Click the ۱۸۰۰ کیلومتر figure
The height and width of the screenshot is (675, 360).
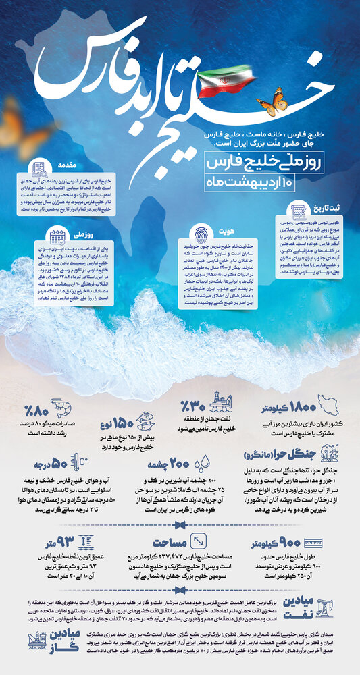pyautogui.click(x=286, y=409)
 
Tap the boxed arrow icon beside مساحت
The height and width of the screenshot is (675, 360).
pyautogui.click(x=201, y=541)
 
